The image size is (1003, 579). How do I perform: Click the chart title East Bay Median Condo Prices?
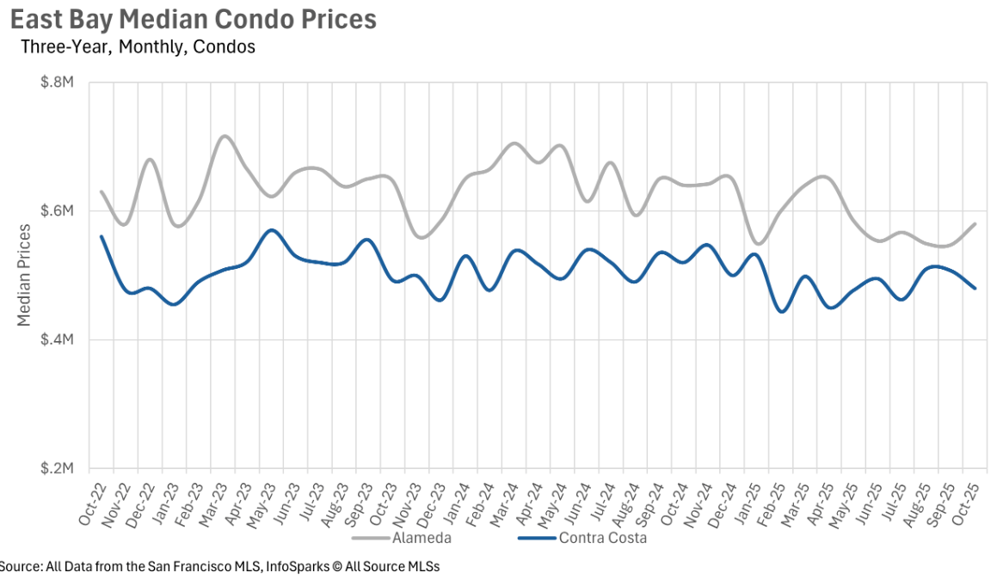[x=193, y=20]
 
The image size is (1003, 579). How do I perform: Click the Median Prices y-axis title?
[x=24, y=275]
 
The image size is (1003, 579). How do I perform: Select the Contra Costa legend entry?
[x=602, y=539]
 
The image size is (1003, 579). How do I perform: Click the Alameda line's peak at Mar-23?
[x=225, y=136]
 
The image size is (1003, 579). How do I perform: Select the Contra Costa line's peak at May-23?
[x=272, y=230]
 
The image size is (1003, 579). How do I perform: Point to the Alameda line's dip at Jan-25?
[x=757, y=244]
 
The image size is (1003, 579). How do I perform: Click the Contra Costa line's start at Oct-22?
[x=102, y=236]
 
